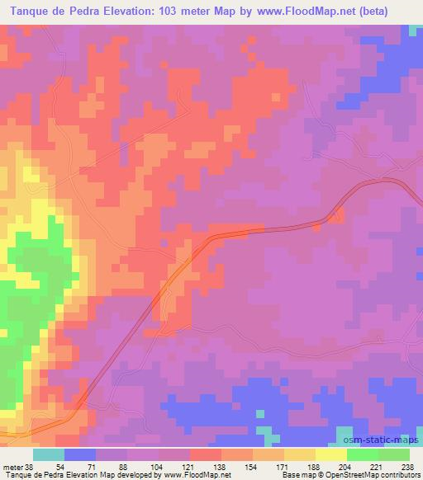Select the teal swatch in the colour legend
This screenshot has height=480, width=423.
(x=49, y=454)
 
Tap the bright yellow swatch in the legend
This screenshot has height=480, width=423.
(x=331, y=454)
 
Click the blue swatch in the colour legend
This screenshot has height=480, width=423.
(x=80, y=454)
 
